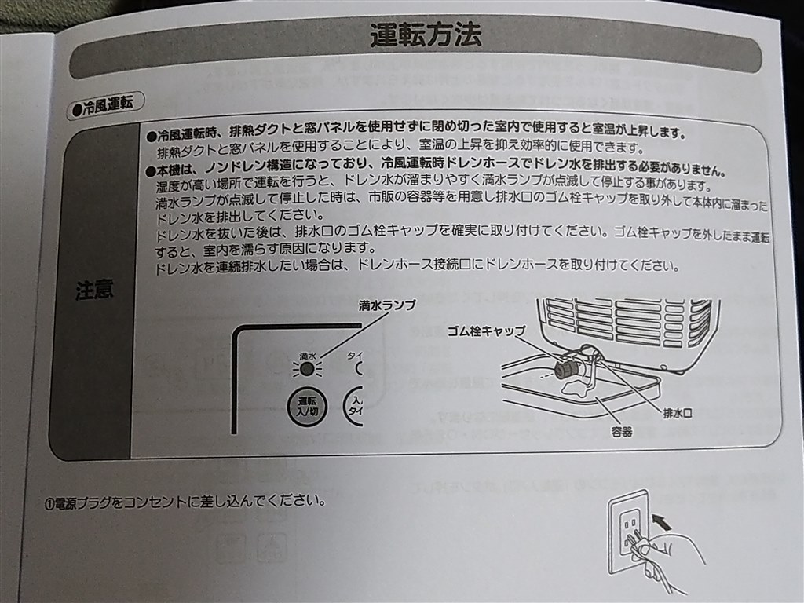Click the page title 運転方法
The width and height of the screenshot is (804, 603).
(x=426, y=35)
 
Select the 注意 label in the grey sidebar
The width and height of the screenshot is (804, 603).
(x=94, y=290)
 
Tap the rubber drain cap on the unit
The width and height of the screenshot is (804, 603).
(x=565, y=370)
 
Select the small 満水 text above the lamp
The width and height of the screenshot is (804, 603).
(x=307, y=355)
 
